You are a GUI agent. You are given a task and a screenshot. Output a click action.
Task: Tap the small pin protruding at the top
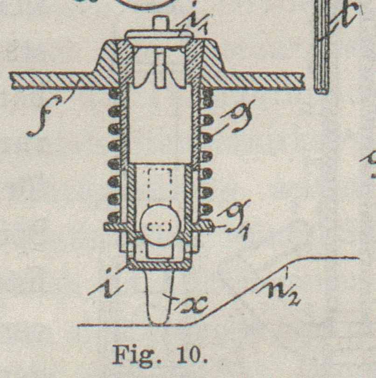point(160,23)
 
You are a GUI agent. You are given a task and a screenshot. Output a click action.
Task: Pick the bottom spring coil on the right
point(207,216)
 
